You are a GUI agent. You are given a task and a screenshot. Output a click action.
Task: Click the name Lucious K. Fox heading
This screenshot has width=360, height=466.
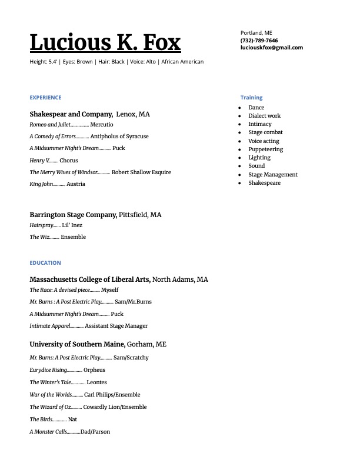105,42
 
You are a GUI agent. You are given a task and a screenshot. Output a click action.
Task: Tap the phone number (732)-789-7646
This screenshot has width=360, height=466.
259,40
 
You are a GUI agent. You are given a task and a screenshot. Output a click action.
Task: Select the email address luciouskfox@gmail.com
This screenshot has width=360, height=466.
271,48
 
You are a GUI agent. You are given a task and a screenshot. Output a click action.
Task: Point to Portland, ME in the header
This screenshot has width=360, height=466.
256,32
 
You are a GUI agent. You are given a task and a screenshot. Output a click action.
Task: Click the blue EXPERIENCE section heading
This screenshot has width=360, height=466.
45,98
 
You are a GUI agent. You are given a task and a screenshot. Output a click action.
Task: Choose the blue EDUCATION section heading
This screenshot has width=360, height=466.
45,263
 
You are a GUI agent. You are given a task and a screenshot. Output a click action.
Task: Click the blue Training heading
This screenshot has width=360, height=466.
251,98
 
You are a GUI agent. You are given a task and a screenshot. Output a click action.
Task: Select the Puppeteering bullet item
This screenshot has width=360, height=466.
265,149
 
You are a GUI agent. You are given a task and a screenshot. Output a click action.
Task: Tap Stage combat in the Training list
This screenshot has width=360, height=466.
265,132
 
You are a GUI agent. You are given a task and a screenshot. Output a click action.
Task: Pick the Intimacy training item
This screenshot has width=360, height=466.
259,124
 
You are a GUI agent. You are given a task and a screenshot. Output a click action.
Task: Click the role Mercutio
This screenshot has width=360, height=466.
102,125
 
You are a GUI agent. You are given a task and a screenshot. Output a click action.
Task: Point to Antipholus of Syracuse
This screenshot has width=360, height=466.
119,137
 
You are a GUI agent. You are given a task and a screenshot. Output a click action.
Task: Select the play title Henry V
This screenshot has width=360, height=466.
37,161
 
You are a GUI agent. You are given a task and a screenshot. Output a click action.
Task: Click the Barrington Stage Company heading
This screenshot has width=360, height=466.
73,215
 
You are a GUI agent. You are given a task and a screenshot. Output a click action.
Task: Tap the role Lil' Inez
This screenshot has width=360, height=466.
72,225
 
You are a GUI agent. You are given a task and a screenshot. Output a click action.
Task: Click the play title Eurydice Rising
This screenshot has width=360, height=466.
48,370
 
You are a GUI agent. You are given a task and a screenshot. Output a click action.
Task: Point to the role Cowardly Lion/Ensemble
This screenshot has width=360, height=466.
115,407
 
